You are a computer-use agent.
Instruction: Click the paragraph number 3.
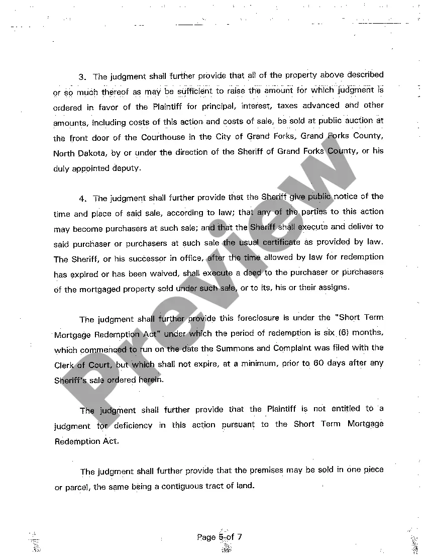pyautogui.click(x=82, y=77)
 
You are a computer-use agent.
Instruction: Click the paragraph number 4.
pyautogui.click(x=82, y=199)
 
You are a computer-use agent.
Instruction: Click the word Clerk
pyautogui.click(x=64, y=365)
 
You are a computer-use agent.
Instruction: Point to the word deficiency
pyautogui.click(x=133, y=425)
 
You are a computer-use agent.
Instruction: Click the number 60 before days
pyautogui.click(x=318, y=363)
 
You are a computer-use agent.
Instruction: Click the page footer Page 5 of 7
pyautogui.click(x=220, y=537)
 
